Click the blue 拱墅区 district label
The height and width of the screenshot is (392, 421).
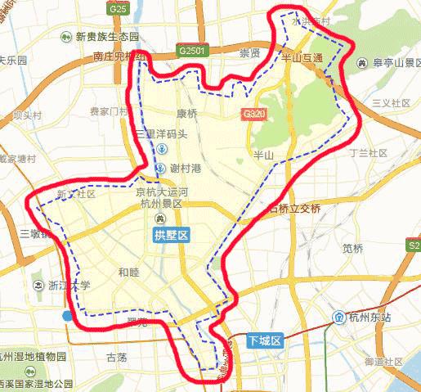172,236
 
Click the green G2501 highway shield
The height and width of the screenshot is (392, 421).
191,51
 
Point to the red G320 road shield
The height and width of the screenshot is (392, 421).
253,115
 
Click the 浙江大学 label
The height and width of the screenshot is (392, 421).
69,286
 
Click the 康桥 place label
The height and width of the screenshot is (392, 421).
186,114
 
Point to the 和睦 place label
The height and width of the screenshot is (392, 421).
129,273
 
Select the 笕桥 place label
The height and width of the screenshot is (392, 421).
353,248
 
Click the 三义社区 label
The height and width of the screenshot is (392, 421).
390,103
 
